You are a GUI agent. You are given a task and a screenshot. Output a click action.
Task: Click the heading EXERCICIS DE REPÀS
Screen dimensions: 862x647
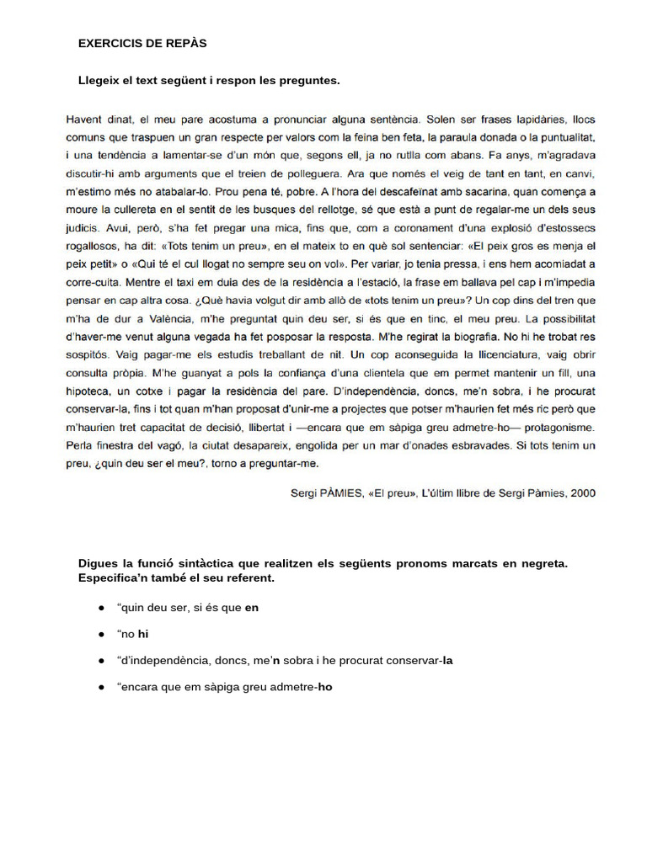[142, 42]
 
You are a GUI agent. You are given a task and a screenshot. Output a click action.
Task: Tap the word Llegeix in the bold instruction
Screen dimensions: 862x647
[99, 81]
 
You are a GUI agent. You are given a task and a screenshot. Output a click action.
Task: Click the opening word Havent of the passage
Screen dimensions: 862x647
[84, 120]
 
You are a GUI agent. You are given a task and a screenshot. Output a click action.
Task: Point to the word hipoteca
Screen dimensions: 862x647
[90, 391]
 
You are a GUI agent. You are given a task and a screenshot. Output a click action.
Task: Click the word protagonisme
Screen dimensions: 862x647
[555, 427]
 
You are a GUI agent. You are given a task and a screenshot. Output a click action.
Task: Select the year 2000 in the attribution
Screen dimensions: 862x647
[582, 493]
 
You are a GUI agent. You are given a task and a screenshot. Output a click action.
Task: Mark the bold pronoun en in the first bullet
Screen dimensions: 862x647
[252, 607]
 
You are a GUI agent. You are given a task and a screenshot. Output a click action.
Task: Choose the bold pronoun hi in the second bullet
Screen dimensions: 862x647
[144, 634]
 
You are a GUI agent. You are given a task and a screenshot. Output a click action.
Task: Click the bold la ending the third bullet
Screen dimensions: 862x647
[447, 660]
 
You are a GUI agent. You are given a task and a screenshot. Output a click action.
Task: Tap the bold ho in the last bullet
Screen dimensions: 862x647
[325, 687]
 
